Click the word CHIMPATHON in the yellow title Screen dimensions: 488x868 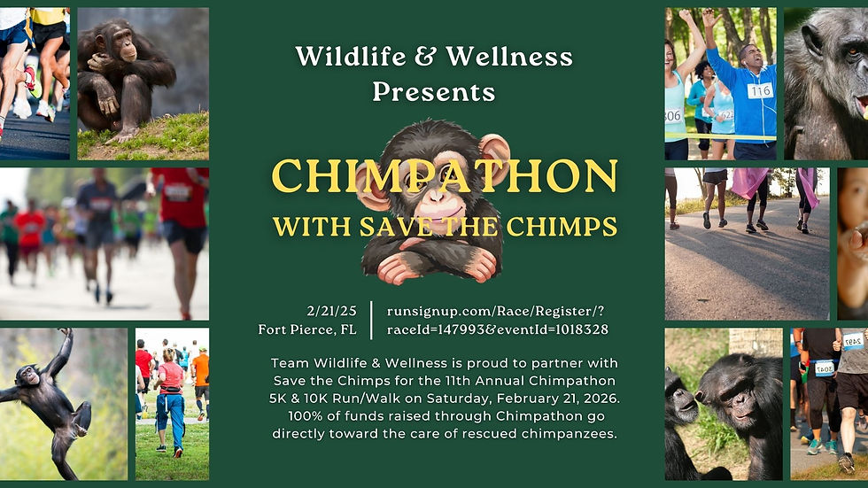click(x=445, y=176)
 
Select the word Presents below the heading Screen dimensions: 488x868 click(x=433, y=91)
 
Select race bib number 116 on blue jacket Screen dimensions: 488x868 click(x=759, y=90)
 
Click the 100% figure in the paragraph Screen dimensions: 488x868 click(x=306, y=417)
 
